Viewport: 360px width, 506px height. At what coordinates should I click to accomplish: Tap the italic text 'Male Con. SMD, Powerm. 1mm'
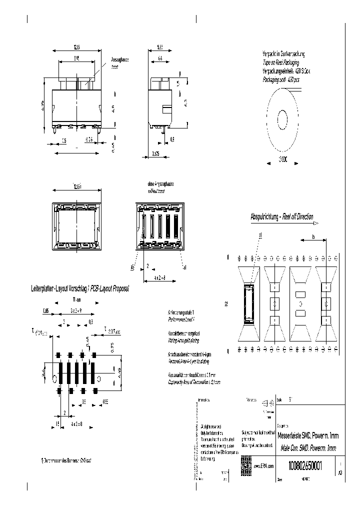point(308,448)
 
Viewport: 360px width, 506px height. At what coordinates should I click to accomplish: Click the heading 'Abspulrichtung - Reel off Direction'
point(281,216)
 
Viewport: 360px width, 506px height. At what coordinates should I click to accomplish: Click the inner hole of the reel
point(282,120)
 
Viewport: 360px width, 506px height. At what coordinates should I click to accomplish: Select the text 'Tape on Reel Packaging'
point(281,62)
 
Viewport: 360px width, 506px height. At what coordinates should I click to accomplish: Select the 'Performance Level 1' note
point(181,318)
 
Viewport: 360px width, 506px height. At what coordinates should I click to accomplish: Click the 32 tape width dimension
point(227,303)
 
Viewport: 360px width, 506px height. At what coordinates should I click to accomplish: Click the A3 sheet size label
point(340,471)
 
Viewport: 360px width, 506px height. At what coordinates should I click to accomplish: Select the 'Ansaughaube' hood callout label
point(120,59)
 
